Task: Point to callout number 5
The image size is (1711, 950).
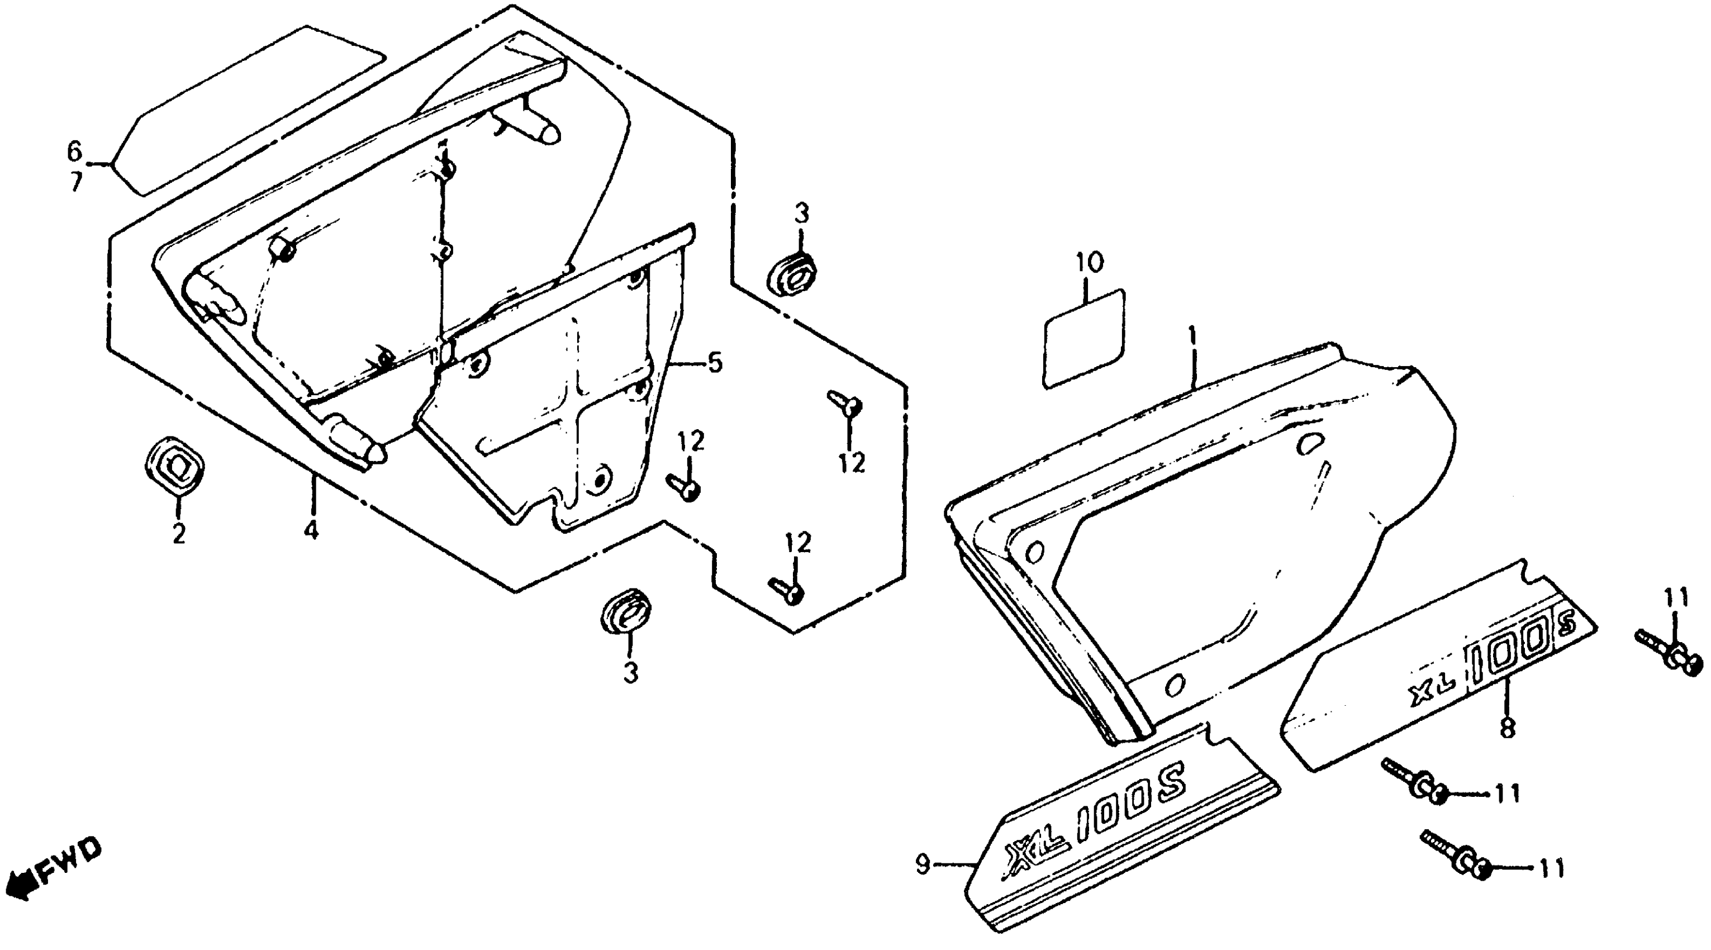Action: pos(715,363)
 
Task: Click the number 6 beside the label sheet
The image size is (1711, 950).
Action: pos(74,151)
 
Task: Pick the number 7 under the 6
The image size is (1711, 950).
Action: pos(77,182)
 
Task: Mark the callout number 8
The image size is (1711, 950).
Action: pos(1508,728)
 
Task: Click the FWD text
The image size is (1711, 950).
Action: pos(70,863)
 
